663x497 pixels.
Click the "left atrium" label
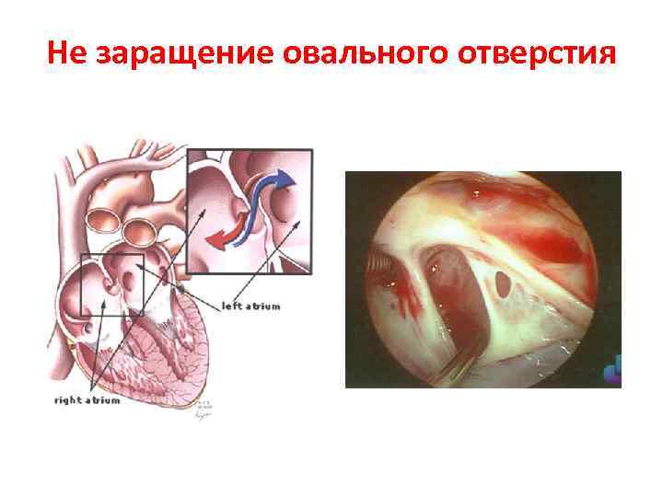coord(250,305)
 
